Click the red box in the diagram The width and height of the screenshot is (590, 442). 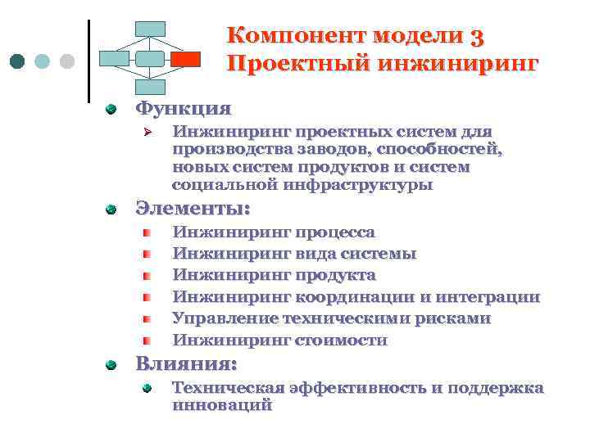186,59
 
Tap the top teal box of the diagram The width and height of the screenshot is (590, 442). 150,29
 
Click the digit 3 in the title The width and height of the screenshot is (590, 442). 478,35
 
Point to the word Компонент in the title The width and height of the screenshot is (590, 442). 296,35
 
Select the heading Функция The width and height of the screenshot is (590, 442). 183,107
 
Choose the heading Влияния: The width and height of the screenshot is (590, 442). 186,363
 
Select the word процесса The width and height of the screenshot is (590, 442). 336,232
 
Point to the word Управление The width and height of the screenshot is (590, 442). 224,318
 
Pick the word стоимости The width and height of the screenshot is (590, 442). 342,340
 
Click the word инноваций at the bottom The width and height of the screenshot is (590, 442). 222,404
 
